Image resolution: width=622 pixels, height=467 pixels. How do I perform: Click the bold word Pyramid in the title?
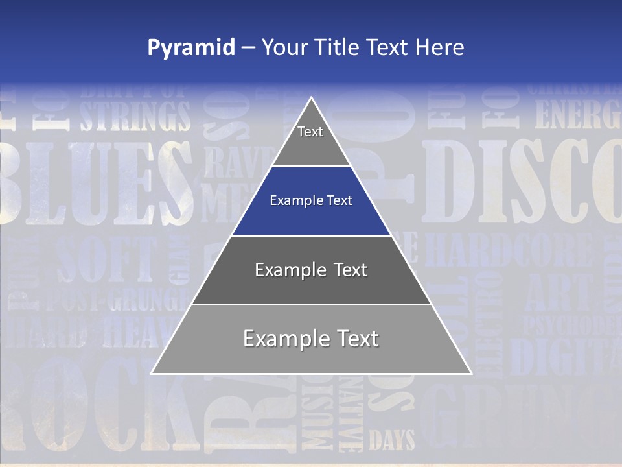pyautogui.click(x=191, y=48)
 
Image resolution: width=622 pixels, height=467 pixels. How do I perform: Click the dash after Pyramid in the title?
pyautogui.click(x=248, y=48)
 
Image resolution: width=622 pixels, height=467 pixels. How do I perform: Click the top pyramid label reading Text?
pyautogui.click(x=310, y=132)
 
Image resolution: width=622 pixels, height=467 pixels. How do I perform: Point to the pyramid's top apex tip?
pyautogui.click(x=312, y=99)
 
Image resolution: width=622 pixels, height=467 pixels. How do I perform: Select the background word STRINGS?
pyautogui.click(x=135, y=116)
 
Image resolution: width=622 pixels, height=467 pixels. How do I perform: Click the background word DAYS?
pyautogui.click(x=391, y=441)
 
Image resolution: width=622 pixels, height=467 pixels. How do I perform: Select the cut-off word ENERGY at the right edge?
pyautogui.click(x=577, y=115)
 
